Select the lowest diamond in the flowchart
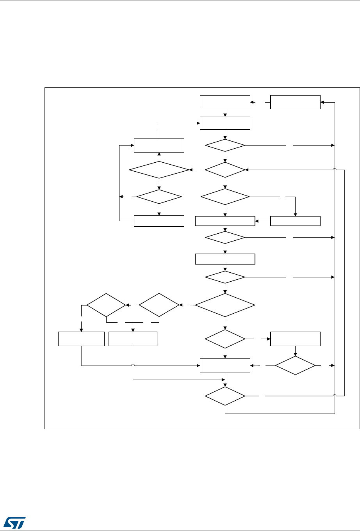(225, 396)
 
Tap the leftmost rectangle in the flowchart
(81, 339)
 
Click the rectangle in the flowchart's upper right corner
(295, 102)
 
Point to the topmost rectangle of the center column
(225, 102)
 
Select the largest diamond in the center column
(225, 305)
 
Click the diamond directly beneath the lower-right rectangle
(295, 366)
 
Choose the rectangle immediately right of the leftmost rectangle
(133, 339)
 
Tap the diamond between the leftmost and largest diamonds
(159, 304)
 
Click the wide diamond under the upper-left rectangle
(159, 170)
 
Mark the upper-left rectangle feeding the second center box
(159, 145)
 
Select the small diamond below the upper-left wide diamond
(159, 197)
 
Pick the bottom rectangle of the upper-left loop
(159, 221)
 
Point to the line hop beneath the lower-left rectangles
(133, 365)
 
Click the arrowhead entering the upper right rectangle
(322, 102)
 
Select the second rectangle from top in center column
(225, 123)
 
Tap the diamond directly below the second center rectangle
(225, 146)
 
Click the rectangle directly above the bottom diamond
(225, 366)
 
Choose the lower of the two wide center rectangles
(225, 259)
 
